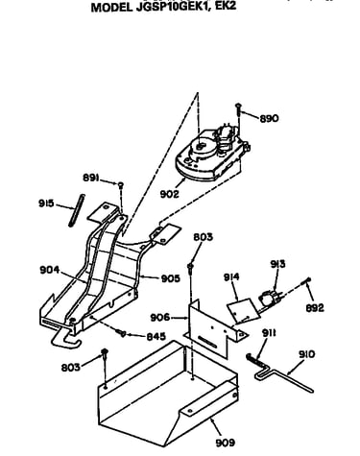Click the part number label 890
[x=269, y=118]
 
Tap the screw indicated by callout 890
[x=238, y=112]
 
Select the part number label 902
[x=169, y=194]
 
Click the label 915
[x=46, y=204]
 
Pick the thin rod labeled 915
[x=77, y=210]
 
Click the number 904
[x=50, y=270]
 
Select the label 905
[x=170, y=278]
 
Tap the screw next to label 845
[x=122, y=333]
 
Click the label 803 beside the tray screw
[x=71, y=367]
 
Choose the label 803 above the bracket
[x=203, y=237]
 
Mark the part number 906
[x=160, y=318]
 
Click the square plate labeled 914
[x=243, y=311]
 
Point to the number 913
[x=277, y=264]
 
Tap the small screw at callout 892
[x=306, y=281]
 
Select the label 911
[x=269, y=333]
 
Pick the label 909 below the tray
[x=226, y=443]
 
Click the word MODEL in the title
[x=111, y=8]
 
